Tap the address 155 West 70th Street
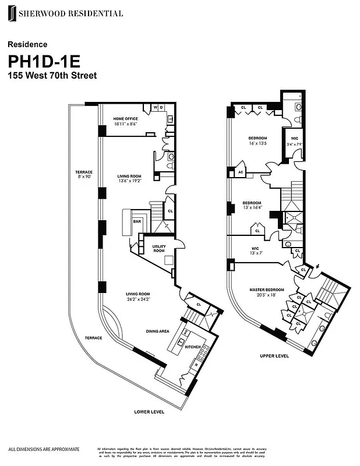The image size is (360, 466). (x=52, y=76)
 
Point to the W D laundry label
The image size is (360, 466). (x=158, y=107)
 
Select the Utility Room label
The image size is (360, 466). (x=159, y=249)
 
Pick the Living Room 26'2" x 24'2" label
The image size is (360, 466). (x=139, y=296)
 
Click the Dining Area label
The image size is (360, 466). (x=157, y=331)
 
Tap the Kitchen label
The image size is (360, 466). (x=193, y=347)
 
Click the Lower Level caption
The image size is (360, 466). (x=149, y=412)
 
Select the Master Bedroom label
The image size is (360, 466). (x=267, y=292)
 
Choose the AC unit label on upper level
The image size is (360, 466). (x=240, y=172)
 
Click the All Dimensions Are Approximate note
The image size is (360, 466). (x=44, y=449)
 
